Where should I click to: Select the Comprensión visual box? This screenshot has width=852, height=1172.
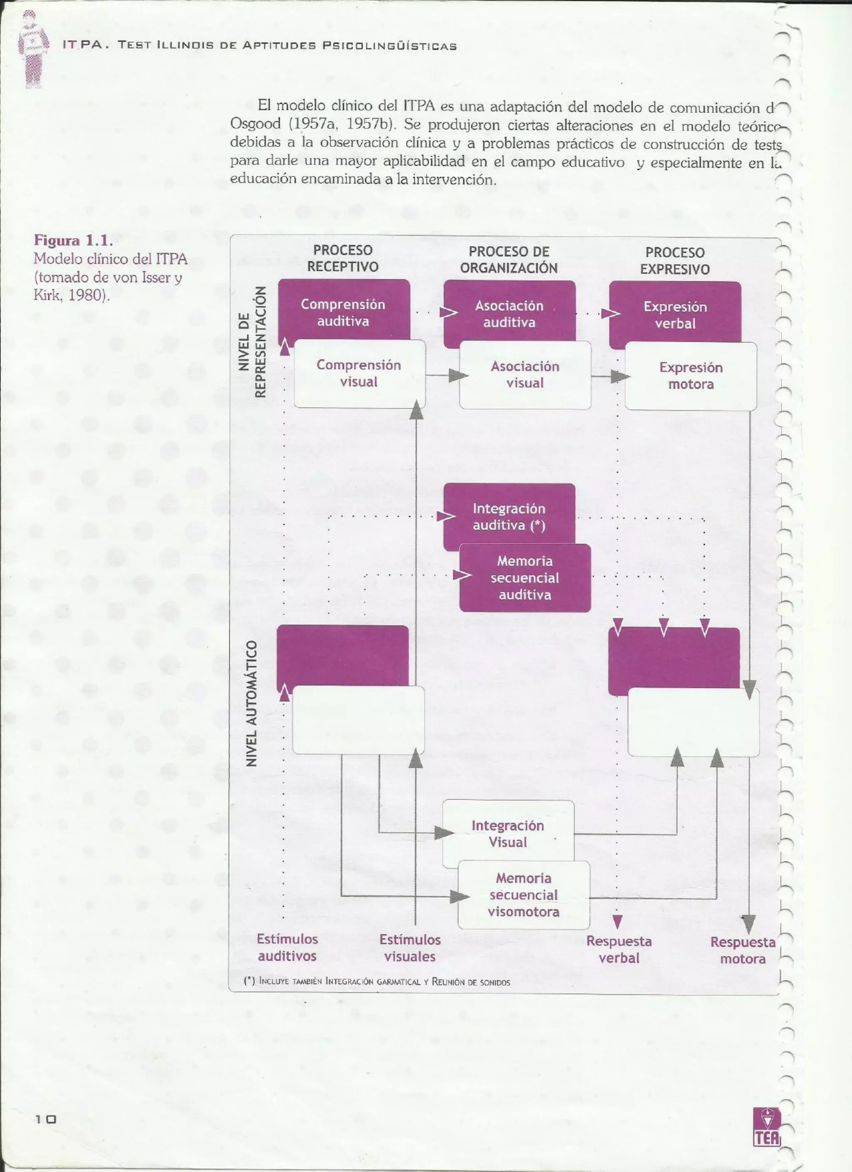[359, 373]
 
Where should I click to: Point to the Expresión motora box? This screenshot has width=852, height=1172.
[691, 376]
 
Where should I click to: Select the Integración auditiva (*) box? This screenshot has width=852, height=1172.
[509, 517]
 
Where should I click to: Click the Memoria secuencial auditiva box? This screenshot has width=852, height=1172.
[525, 578]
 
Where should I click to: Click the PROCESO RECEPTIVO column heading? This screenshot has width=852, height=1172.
[343, 258]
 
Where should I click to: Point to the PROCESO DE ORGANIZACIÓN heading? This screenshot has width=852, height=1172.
[509, 260]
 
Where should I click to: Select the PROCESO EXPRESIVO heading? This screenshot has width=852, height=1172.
[675, 260]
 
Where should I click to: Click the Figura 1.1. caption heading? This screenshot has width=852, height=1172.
[73, 240]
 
